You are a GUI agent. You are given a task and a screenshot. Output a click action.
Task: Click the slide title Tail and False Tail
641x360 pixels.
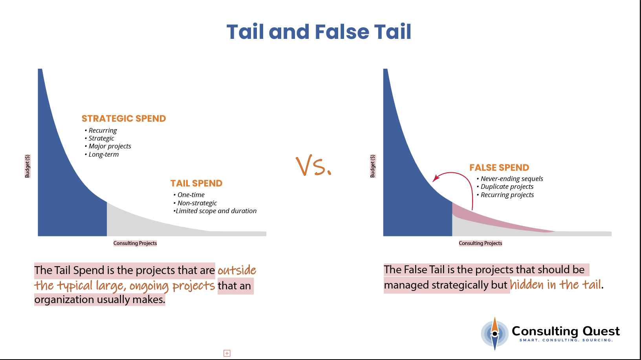319,32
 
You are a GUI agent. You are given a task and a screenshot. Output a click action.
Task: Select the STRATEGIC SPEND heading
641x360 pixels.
124,119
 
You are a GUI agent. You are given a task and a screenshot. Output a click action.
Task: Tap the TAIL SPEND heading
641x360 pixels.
196,183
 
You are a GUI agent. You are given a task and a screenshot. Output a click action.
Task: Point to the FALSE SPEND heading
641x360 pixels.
499,168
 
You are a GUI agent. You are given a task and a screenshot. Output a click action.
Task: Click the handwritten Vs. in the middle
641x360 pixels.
313,166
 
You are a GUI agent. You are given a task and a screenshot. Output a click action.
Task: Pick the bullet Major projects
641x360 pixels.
110,146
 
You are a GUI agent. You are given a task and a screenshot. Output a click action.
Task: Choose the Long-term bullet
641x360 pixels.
103,154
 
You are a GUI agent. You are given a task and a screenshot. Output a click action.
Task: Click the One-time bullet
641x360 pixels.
191,195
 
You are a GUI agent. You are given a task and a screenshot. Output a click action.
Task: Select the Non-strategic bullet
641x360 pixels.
197,203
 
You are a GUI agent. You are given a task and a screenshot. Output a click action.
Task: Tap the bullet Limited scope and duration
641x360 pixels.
216,211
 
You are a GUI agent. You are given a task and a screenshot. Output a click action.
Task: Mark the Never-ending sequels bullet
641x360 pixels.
512,179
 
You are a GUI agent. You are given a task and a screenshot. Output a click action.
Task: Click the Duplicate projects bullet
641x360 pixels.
507,186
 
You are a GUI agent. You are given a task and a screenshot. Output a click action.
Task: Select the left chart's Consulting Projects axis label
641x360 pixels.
135,243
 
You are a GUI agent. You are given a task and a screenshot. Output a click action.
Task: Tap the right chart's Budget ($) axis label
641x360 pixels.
373,166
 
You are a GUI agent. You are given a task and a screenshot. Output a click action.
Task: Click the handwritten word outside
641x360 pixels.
237,270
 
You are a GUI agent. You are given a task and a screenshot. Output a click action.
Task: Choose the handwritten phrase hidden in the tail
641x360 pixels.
555,285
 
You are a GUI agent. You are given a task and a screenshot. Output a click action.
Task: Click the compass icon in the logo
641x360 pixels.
495,334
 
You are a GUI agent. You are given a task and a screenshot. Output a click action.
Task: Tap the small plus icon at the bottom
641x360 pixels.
227,353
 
